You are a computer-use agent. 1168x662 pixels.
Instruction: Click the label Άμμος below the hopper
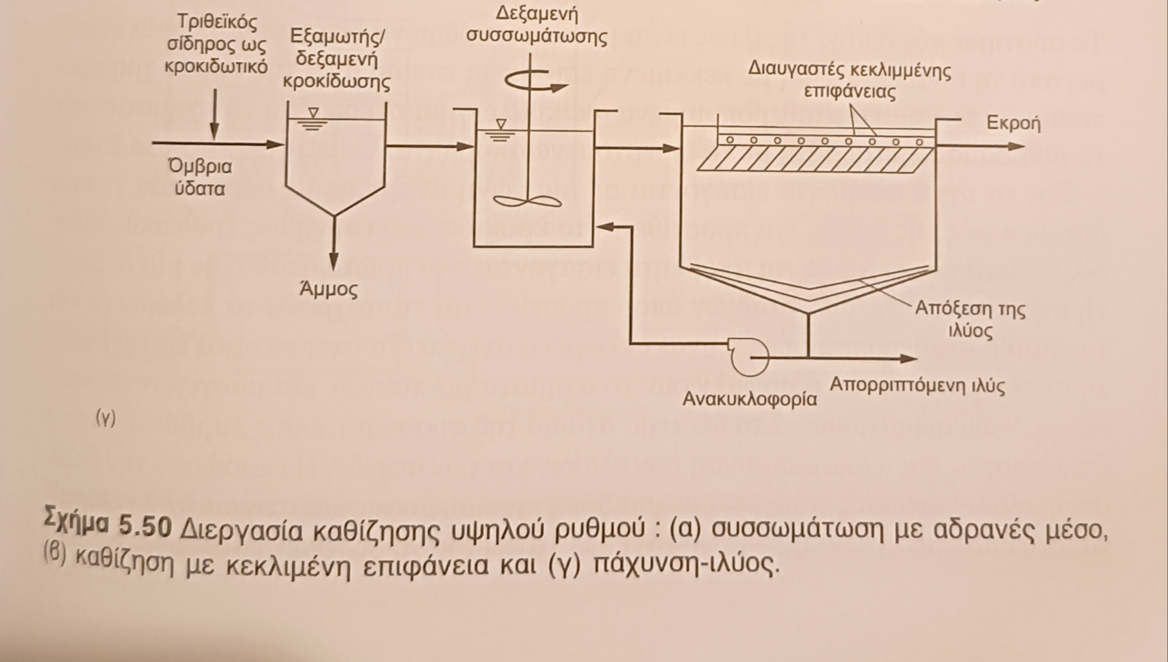coord(328,290)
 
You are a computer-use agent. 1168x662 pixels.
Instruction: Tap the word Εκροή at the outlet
coord(1013,123)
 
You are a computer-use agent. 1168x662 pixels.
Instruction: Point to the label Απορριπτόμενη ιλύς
coord(917,386)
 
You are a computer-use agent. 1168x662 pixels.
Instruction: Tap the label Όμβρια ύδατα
coord(200,178)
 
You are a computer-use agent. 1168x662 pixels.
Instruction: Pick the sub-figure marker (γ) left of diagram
coord(105,419)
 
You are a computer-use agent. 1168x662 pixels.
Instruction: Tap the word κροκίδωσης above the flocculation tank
coord(337,83)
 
